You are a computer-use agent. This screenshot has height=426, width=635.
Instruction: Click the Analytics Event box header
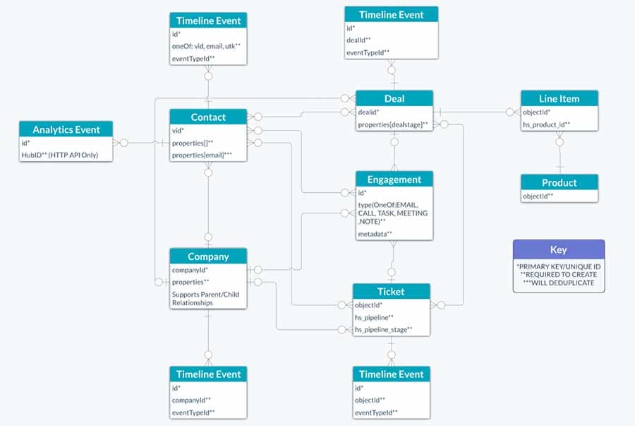66,129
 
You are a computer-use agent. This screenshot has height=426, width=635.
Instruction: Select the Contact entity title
208,117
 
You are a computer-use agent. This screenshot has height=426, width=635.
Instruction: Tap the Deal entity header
394,99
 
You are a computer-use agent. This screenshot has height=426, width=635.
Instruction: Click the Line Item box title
560,99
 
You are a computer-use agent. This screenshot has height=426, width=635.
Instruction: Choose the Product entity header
560,182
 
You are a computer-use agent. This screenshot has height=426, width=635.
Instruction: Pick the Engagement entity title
394,179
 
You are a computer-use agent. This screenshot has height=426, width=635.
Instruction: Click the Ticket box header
391,291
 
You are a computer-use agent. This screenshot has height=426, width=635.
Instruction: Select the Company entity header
208,256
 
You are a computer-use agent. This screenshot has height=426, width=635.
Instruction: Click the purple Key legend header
558,249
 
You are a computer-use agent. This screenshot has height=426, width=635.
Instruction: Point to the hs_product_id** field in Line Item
546,125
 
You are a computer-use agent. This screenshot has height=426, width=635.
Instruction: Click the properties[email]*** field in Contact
203,155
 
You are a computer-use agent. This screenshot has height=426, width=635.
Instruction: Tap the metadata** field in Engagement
375,233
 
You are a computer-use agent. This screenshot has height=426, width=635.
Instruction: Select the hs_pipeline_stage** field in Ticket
383,330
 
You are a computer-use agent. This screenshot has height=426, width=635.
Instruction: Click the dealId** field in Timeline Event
360,40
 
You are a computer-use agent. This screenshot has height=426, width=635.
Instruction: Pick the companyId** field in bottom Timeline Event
192,399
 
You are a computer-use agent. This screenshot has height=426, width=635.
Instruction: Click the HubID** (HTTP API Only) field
60,155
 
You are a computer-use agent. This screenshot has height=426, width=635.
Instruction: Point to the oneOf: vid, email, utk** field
206,46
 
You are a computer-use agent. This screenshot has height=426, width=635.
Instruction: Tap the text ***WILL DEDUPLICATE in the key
558,283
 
